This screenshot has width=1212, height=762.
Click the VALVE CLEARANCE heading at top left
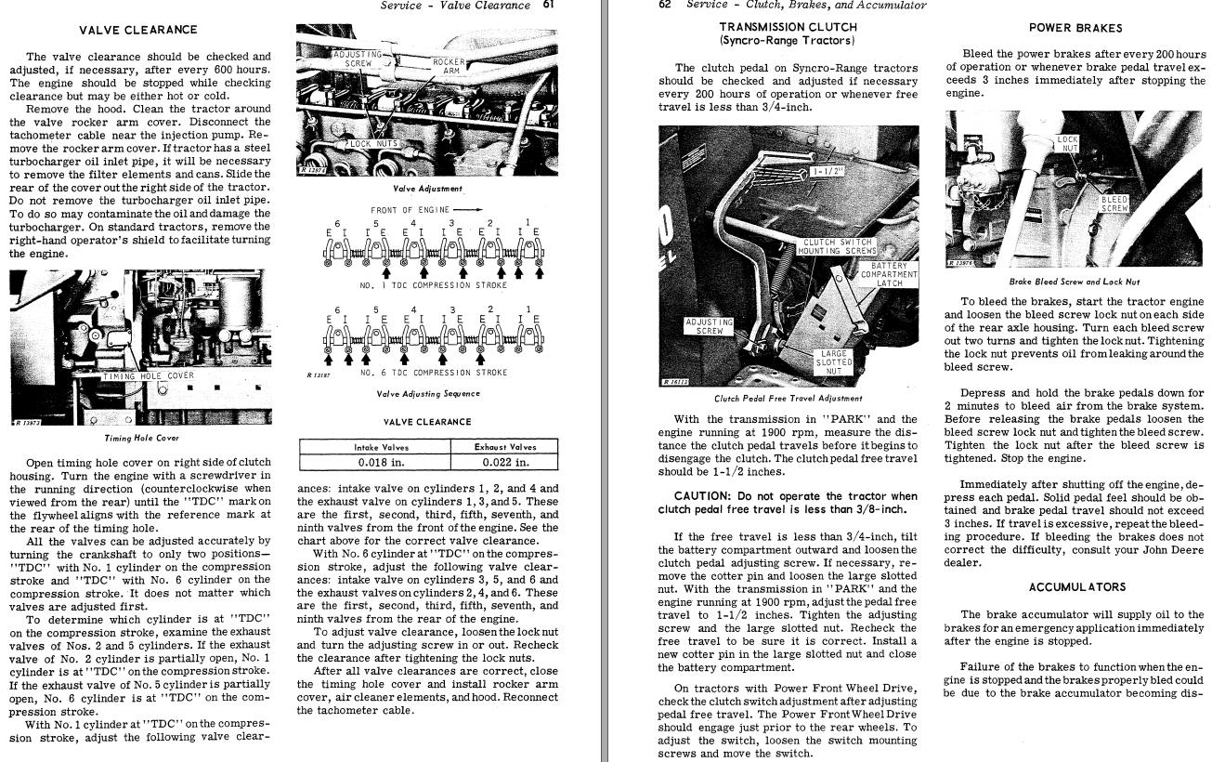[138, 30]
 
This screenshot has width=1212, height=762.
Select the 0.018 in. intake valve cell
[382, 462]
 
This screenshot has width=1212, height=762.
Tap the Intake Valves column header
[382, 447]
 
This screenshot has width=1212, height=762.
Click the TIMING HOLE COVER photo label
[149, 376]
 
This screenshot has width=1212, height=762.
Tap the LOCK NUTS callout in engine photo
[373, 144]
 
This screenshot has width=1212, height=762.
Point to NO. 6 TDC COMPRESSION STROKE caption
[434, 373]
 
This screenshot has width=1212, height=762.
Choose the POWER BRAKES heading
[1075, 28]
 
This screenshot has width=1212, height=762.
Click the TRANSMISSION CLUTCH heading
[788, 28]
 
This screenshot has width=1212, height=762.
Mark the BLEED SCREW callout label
[1114, 204]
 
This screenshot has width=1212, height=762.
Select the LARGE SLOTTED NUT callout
[833, 362]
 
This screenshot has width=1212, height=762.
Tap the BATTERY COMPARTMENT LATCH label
[889, 274]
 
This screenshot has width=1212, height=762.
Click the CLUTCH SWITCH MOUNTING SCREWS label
[837, 246]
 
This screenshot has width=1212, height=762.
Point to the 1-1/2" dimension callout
[826, 172]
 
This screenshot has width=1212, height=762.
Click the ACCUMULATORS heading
[1077, 587]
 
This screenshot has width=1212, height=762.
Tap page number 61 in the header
[550, 6]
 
